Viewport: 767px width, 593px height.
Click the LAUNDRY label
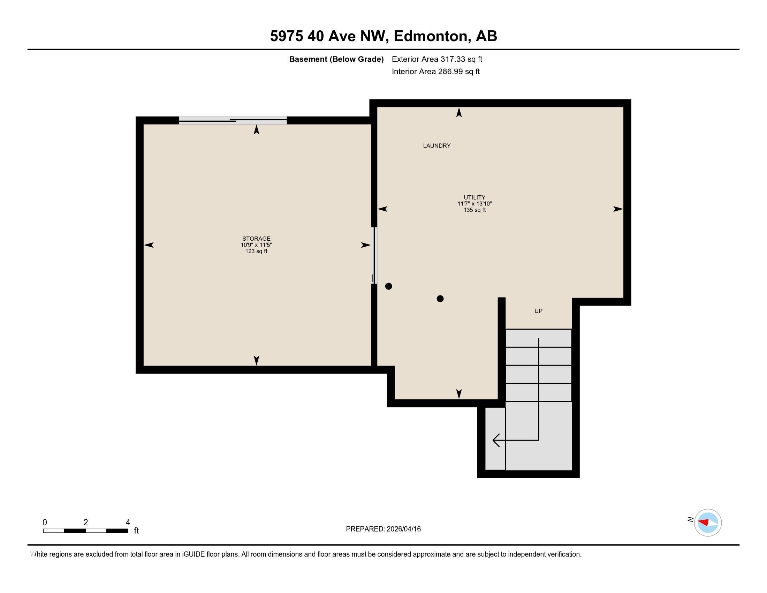[x=436, y=146]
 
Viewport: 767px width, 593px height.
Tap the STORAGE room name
[x=256, y=239]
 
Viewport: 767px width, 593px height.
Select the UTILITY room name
[x=474, y=197]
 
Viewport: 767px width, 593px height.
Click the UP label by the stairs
[x=538, y=311]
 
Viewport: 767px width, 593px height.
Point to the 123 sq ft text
[x=256, y=252]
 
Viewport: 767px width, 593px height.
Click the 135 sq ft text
[x=474, y=210]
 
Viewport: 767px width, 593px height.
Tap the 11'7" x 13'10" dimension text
[x=474, y=204]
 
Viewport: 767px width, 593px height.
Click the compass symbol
[x=707, y=523]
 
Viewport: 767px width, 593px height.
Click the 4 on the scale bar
[x=128, y=523]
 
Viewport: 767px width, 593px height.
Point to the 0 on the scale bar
[x=45, y=523]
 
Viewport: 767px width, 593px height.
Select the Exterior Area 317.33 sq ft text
[x=436, y=59]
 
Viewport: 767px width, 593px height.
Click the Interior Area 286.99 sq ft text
[x=435, y=72]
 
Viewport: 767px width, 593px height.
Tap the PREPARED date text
[x=383, y=529]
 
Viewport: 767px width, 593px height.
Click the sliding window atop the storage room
[x=233, y=120]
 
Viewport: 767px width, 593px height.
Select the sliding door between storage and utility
[x=374, y=255]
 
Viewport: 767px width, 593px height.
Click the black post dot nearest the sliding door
[x=388, y=286]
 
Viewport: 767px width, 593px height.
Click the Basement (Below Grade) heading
[x=336, y=59]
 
